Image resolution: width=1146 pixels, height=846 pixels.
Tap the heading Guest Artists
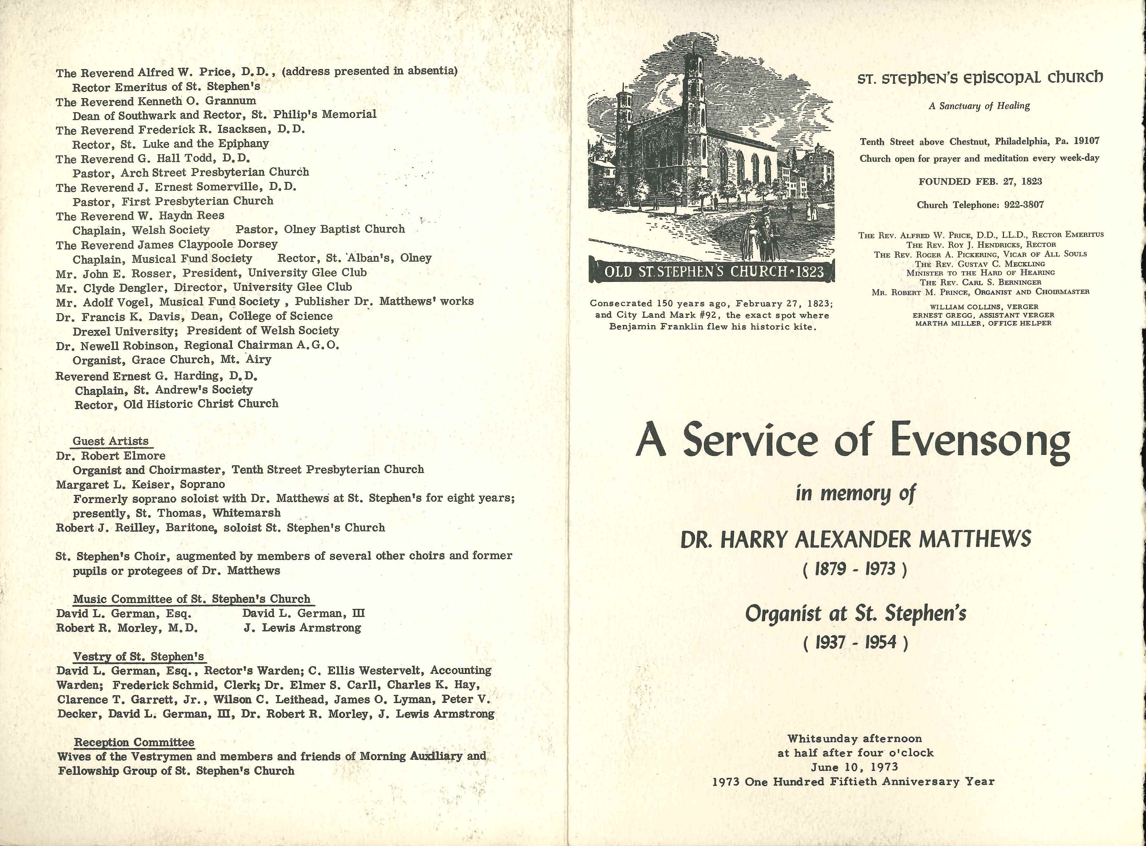pyautogui.click(x=111, y=441)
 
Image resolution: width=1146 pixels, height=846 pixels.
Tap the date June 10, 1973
pyautogui.click(x=855, y=767)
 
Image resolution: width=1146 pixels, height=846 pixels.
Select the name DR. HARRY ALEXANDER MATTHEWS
pyautogui.click(x=855, y=539)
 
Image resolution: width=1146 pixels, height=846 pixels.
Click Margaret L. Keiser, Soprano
pyautogui.click(x=141, y=484)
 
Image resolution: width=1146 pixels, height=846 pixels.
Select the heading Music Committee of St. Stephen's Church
pyautogui.click(x=191, y=599)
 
